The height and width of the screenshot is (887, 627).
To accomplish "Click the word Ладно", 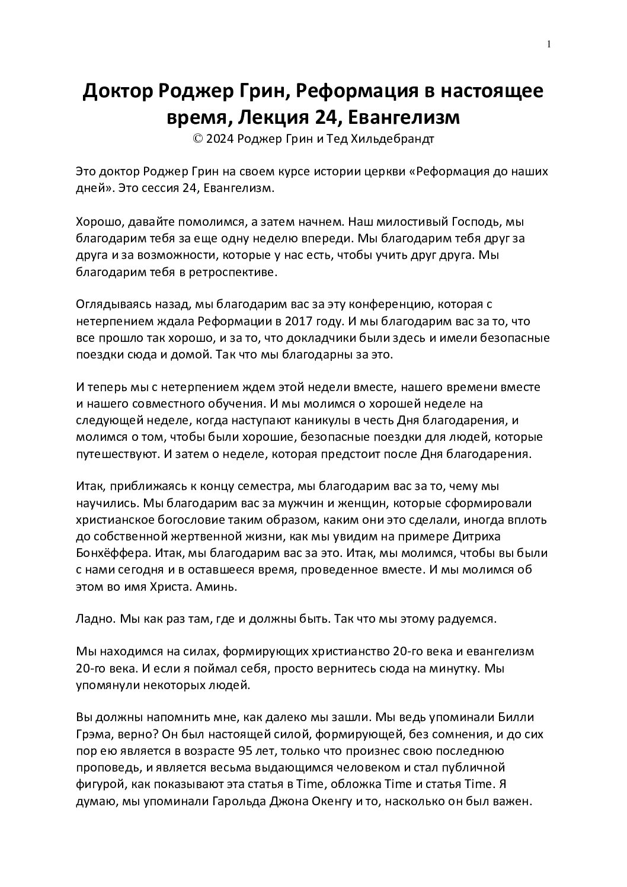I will tap(95, 619).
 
